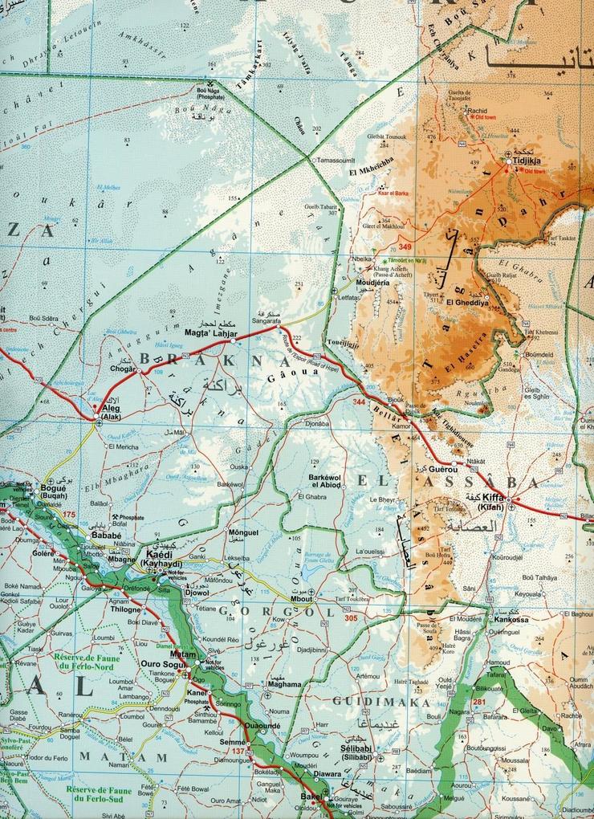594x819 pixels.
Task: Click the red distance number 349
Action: (x=405, y=246)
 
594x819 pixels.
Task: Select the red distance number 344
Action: (x=359, y=399)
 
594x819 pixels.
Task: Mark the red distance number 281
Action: (x=479, y=703)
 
